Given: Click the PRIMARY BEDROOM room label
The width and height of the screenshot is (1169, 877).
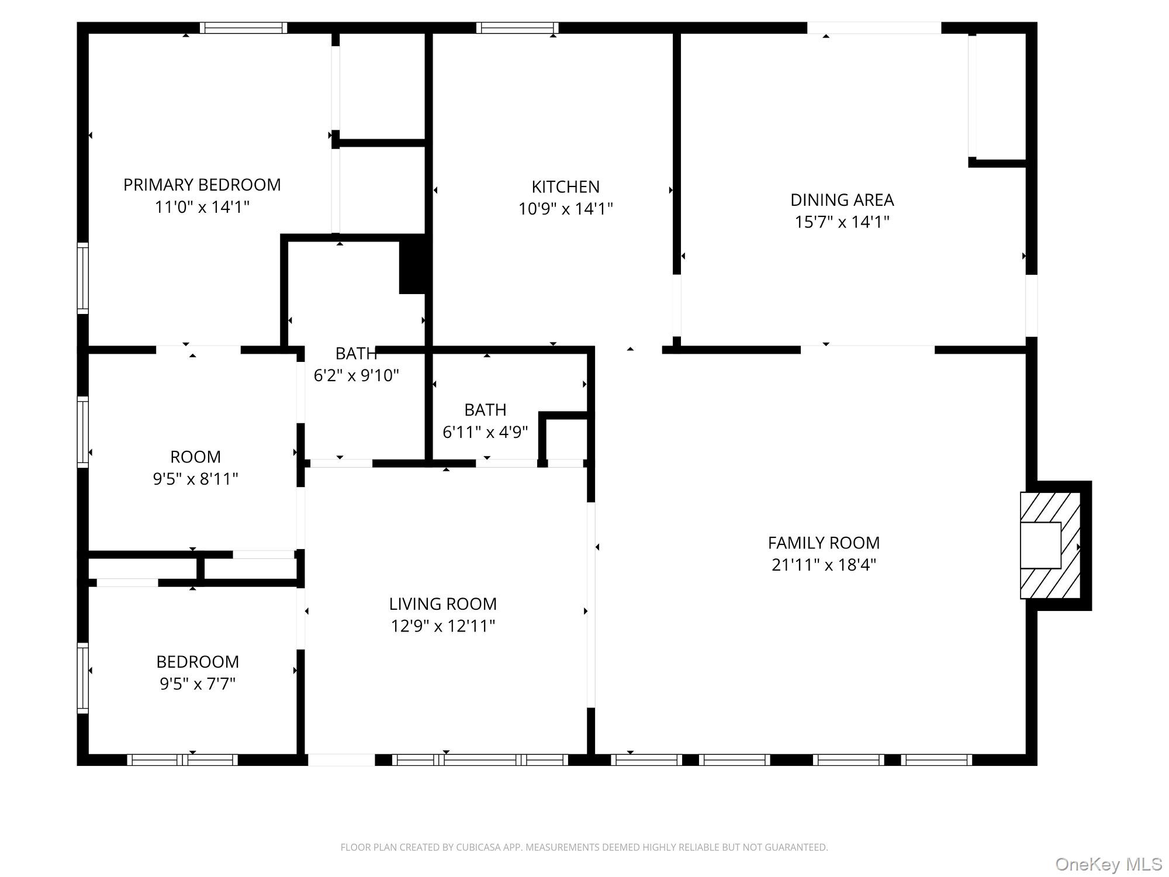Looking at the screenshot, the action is tap(202, 185).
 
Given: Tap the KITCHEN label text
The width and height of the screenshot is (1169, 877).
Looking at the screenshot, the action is tap(565, 187).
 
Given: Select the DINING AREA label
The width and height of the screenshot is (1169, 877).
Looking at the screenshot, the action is tap(842, 200).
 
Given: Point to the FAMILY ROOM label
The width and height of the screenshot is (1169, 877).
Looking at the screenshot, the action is tap(824, 543).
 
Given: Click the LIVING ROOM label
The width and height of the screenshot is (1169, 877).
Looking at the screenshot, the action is tap(443, 603).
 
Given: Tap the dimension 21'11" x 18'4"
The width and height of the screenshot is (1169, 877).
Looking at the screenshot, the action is tap(824, 565).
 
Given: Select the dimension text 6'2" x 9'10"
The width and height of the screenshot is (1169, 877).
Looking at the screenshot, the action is tap(357, 375).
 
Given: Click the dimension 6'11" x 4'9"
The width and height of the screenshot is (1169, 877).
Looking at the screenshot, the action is tap(485, 432).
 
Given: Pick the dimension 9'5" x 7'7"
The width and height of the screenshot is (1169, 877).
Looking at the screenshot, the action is tap(198, 683).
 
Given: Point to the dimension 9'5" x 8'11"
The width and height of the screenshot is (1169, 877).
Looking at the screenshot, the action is tap(195, 479).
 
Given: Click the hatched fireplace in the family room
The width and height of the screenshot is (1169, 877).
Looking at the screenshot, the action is tap(1050, 545).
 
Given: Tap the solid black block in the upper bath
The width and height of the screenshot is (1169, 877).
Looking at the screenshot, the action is tap(413, 264).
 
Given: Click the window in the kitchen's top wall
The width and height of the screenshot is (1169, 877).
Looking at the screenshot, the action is tap(517, 27).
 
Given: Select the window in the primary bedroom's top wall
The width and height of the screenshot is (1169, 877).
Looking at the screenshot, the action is tap(243, 27).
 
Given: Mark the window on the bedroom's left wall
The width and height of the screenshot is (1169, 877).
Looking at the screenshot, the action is tap(83, 678).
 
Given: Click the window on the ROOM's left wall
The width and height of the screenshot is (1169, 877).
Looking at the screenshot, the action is tap(83, 432).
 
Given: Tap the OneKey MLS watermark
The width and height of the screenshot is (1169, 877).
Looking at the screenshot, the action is tap(1109, 864).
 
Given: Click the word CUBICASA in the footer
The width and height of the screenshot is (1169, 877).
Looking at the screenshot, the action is tap(481, 847).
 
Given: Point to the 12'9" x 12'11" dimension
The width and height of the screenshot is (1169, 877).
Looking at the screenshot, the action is tap(443, 626).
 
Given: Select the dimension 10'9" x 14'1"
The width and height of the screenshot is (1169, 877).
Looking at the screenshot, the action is tap(565, 209).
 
